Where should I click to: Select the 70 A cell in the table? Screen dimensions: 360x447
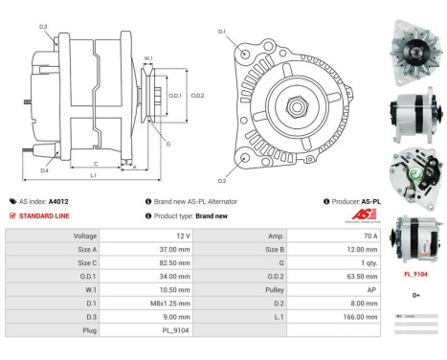pos(369,235)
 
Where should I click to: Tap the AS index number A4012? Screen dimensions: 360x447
pos(58,202)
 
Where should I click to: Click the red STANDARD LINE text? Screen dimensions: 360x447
pos(45,215)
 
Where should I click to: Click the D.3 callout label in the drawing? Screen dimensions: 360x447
pos(44,27)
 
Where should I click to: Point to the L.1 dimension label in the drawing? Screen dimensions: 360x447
pos(93,175)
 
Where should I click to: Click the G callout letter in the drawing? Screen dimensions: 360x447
pos(168,144)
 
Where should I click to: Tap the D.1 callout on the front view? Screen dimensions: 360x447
pos(222,32)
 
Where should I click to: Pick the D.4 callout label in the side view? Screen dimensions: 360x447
pos(44,170)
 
